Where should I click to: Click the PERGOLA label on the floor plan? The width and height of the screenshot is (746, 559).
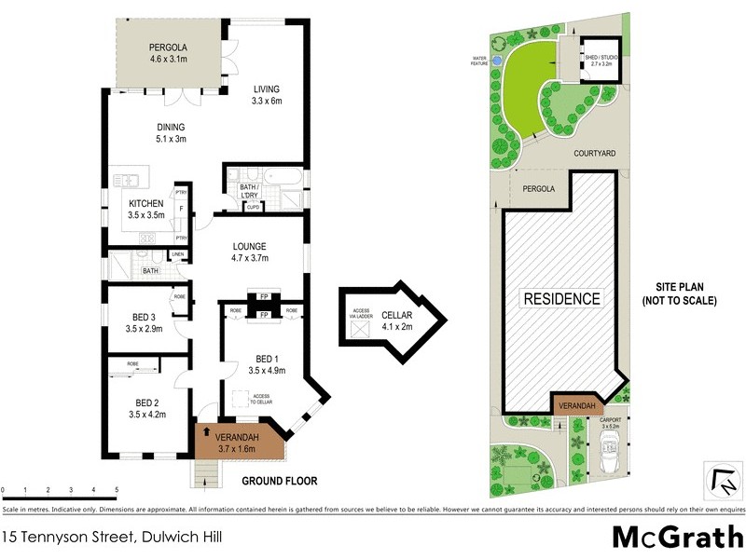click(168, 48)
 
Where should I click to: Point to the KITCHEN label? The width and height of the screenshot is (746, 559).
click(146, 204)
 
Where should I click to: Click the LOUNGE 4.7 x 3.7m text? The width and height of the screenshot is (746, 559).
click(249, 258)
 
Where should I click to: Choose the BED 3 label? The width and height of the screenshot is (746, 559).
click(145, 316)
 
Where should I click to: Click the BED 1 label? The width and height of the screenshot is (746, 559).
click(266, 359)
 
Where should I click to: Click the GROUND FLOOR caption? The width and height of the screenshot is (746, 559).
click(279, 482)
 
